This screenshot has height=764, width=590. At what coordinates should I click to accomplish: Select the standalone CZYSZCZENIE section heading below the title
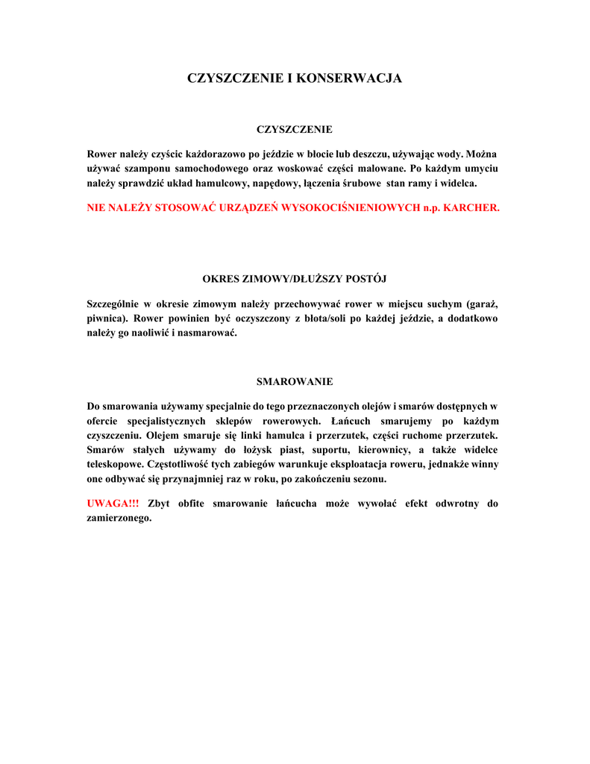295,130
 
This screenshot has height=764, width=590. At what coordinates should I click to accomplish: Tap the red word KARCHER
471,207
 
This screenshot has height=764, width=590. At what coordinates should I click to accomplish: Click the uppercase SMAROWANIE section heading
295,382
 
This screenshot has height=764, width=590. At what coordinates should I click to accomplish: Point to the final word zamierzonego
119,518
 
